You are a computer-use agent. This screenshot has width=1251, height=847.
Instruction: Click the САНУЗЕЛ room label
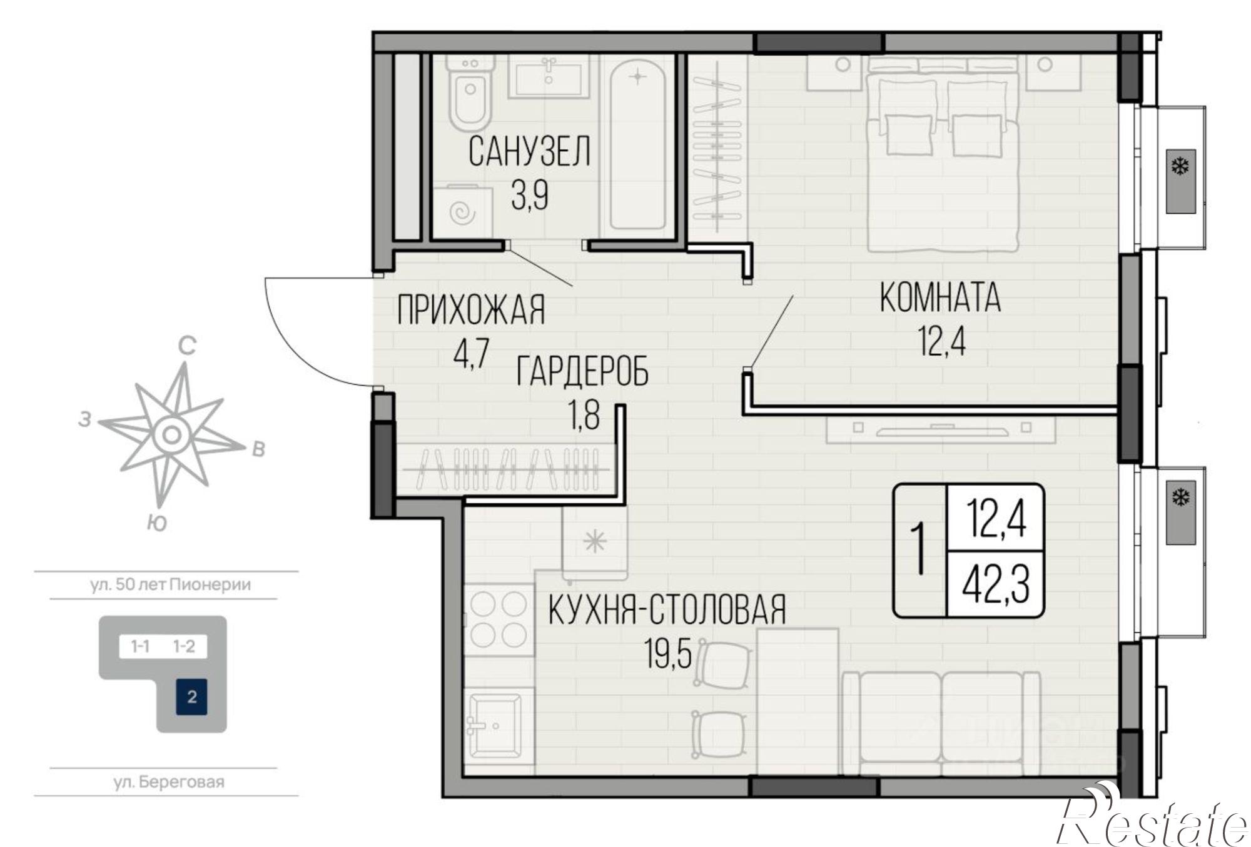(529, 152)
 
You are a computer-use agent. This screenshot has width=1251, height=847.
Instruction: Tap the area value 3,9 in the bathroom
(529, 196)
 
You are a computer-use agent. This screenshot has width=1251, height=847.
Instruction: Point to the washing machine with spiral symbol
(463, 213)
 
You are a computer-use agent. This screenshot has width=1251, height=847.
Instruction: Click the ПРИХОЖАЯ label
(471, 309)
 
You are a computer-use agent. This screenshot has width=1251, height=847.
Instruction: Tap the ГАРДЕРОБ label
(582, 371)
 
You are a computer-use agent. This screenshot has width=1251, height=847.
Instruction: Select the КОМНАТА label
(940, 298)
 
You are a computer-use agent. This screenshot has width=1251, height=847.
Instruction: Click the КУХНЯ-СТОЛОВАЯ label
(667, 610)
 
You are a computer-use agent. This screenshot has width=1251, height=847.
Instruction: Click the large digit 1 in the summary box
(918, 550)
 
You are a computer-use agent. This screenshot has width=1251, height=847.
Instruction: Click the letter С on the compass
(187, 346)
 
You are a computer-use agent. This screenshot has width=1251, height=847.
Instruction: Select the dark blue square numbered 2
(192, 696)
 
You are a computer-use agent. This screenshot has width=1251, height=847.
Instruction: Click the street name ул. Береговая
(169, 782)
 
